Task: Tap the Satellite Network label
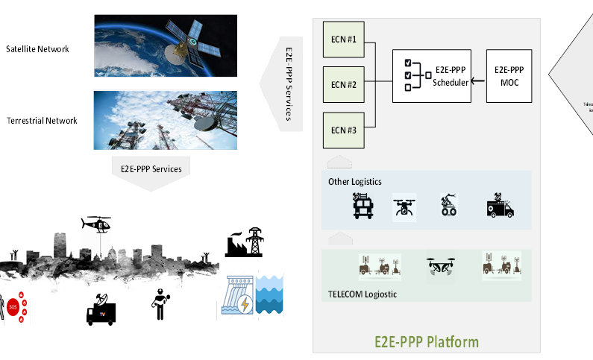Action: (37, 49)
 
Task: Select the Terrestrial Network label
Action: (41, 121)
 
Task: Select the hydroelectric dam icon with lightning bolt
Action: (236, 297)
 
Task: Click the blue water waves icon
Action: (270, 295)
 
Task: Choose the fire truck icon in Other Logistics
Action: (364, 206)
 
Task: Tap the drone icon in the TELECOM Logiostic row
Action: (440, 268)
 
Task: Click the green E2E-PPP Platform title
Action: (426, 342)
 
